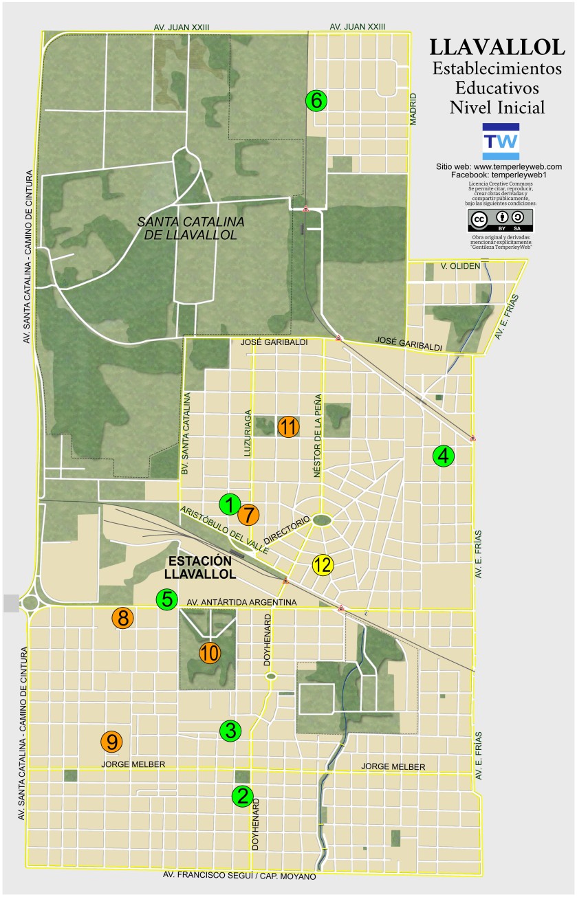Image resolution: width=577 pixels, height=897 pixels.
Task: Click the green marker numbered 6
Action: pos(316,100)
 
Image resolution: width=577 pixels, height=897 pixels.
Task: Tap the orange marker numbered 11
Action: pos(288,427)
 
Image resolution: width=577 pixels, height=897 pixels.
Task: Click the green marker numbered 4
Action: pos(444,455)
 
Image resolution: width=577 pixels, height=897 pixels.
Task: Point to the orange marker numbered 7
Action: pos(249,513)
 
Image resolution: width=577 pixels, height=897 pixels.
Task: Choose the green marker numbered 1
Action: pos(230,505)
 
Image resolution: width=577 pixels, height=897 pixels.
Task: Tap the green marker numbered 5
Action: pos(167,599)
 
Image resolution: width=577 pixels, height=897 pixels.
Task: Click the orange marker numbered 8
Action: pos(123,618)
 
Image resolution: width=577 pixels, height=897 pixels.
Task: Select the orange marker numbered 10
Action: pos(210,652)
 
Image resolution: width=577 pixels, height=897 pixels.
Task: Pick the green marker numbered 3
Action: pos(230,731)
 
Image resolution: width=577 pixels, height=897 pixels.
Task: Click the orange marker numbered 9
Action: pos(111,742)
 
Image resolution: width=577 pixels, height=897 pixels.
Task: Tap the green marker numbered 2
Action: pos(242,796)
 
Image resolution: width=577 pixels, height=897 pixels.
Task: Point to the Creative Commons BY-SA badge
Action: pos(501,221)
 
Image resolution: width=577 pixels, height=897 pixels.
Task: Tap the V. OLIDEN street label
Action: pos(460,266)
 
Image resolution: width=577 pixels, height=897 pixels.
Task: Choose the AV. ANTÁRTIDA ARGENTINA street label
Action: pos(241,603)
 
